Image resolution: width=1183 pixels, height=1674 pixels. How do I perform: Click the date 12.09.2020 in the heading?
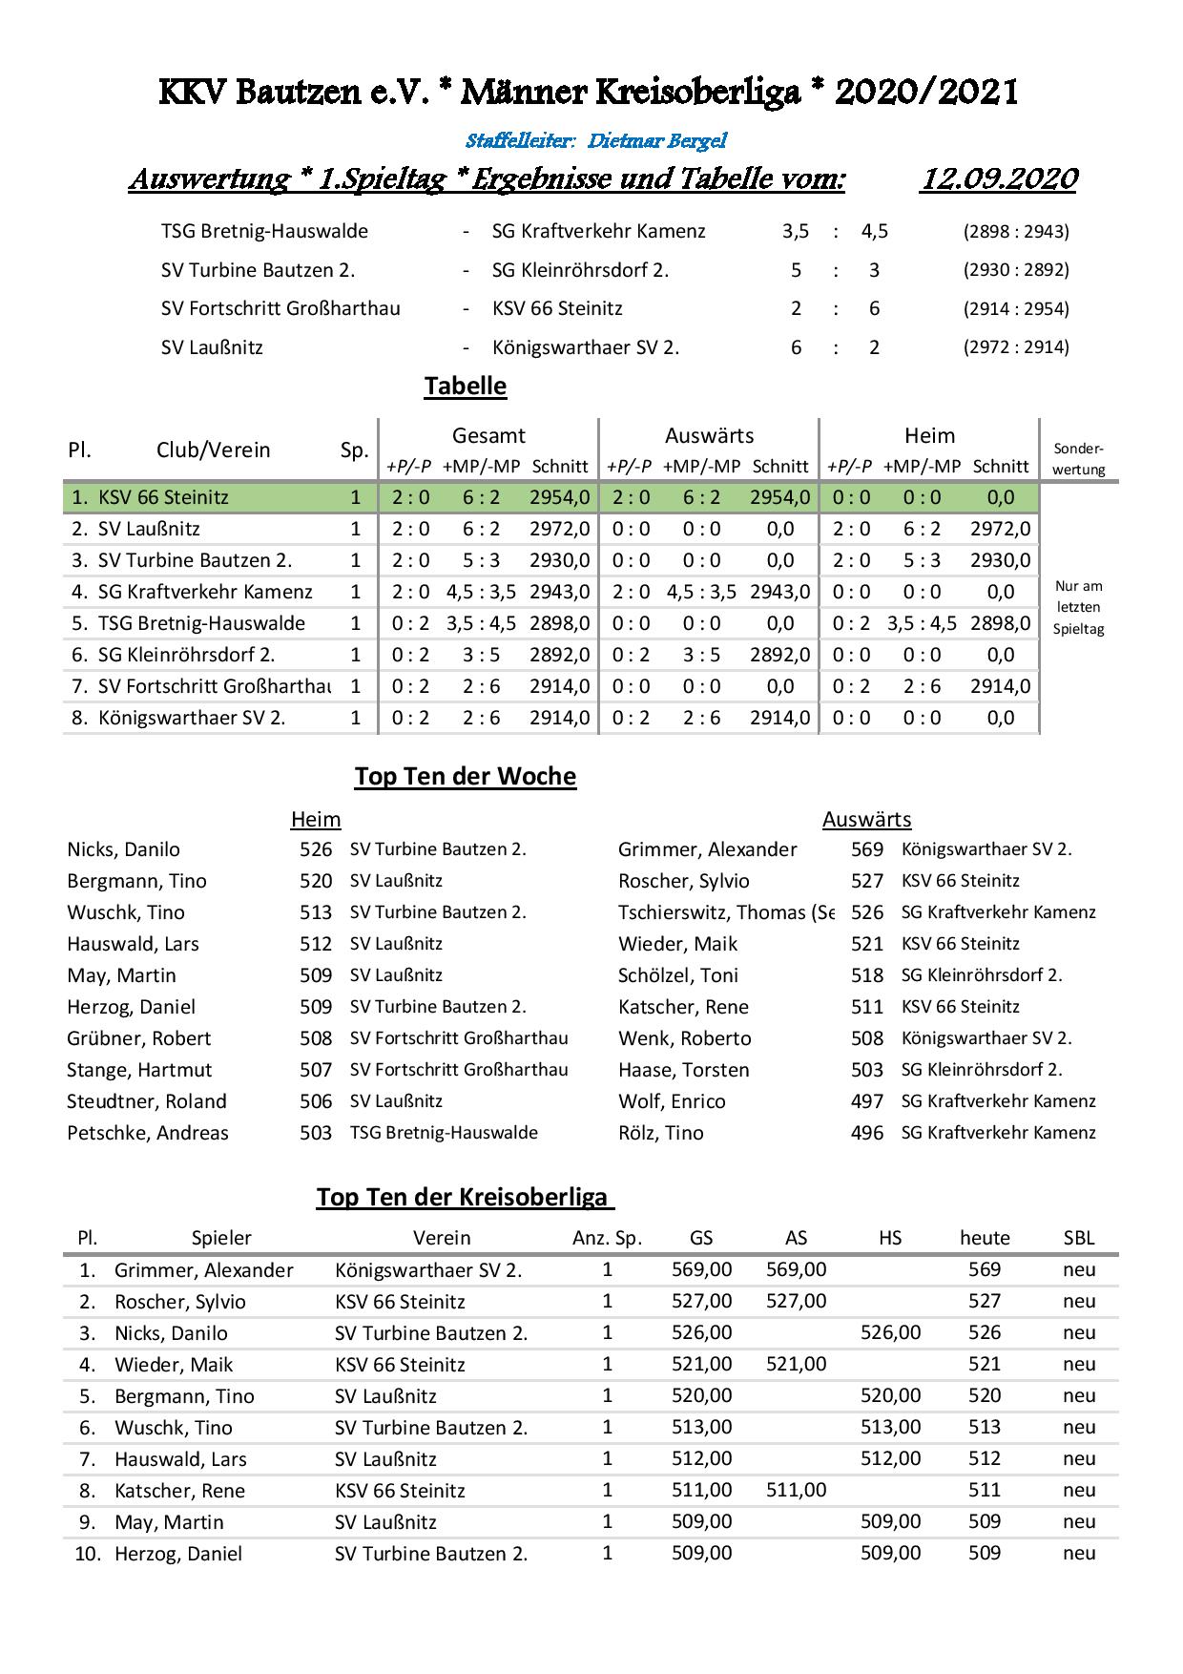click(998, 178)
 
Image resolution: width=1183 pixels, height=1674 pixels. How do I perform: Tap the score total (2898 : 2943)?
click(1016, 231)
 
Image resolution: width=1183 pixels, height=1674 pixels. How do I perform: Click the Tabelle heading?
click(466, 387)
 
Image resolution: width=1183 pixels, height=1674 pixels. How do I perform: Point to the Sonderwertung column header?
click(1079, 458)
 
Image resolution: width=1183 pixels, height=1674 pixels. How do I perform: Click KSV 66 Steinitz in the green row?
click(163, 497)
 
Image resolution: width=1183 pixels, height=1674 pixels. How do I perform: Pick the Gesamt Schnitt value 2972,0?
click(560, 529)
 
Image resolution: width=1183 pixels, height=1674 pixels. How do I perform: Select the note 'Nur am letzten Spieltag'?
click(1079, 608)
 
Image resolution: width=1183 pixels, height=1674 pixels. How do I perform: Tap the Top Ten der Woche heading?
click(466, 776)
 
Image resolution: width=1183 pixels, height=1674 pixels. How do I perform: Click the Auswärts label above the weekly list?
click(866, 819)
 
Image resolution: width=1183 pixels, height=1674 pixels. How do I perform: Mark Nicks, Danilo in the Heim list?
click(123, 849)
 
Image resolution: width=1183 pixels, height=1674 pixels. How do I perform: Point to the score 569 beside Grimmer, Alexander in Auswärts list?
click(867, 849)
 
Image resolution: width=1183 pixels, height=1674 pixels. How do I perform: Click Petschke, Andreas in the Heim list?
click(148, 1133)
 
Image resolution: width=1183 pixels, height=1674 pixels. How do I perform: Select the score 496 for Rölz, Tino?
click(867, 1133)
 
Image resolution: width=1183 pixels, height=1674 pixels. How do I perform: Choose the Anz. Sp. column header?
click(607, 1238)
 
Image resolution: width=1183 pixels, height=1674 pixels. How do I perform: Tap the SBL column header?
click(1079, 1238)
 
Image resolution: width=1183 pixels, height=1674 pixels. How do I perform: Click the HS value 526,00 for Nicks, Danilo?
click(890, 1332)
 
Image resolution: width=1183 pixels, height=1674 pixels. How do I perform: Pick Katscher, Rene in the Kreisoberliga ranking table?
click(179, 1490)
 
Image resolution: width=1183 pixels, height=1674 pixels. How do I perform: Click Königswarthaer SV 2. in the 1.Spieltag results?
click(586, 347)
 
